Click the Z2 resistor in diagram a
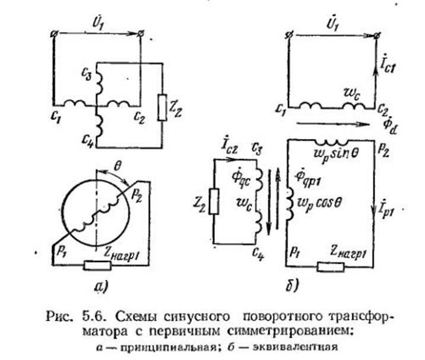[163, 108]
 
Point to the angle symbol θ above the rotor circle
[117, 167]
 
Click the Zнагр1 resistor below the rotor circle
[97, 266]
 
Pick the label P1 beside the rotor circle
[61, 252]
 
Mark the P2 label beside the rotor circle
[137, 196]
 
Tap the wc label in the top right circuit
[351, 96]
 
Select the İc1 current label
[387, 65]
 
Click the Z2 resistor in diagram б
[214, 201]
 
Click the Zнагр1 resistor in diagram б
[331, 267]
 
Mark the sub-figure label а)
[101, 286]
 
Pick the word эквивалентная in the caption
[295, 347]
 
